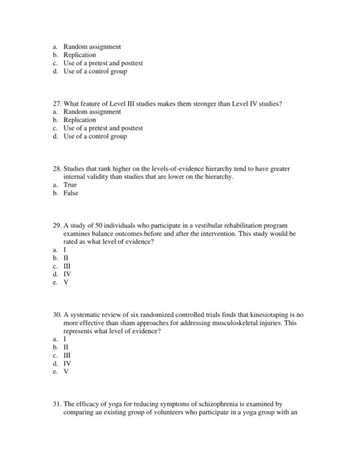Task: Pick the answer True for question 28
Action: (x=70, y=185)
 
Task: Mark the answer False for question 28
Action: (x=71, y=193)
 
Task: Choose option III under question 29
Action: (x=67, y=265)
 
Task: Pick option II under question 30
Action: (x=66, y=347)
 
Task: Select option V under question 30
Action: (x=66, y=371)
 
